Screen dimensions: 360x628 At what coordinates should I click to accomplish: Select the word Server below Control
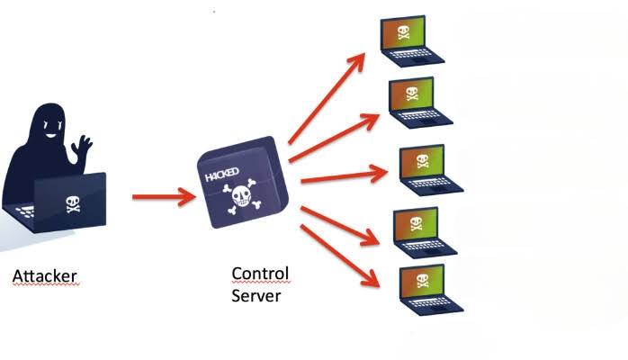click(256, 294)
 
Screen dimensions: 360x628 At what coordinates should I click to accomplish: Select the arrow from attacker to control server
click(163, 196)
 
